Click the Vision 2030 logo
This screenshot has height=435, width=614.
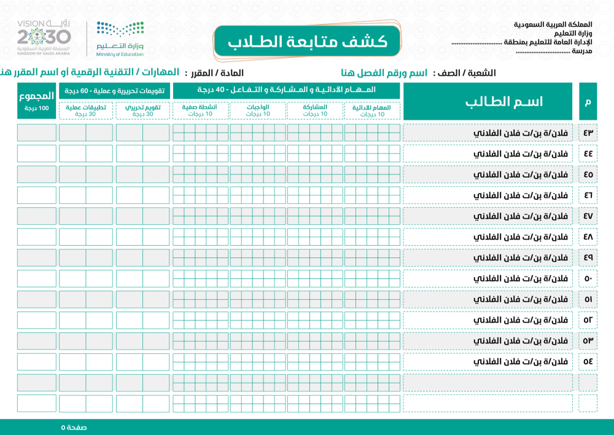(x=44, y=39)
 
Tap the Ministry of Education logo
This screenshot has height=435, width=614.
(x=120, y=39)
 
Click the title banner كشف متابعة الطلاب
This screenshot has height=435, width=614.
(x=308, y=42)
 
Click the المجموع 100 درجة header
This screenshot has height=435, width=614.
(x=37, y=101)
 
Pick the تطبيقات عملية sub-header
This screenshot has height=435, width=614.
(x=85, y=110)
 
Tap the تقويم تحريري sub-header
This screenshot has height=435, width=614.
(x=143, y=110)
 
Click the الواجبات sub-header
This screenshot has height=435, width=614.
(x=258, y=110)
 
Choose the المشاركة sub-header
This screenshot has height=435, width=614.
(x=315, y=110)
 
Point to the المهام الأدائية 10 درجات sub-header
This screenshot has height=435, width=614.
(x=372, y=110)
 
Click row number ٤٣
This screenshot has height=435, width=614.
(x=588, y=133)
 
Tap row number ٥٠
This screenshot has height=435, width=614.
(x=588, y=278)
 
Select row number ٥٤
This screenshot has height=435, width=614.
(x=588, y=361)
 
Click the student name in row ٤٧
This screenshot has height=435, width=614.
(x=532, y=216)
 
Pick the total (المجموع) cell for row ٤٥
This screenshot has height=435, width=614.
(x=37, y=174)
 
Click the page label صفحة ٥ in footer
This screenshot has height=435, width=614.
(x=74, y=427)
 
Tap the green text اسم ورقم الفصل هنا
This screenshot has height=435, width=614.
(x=384, y=73)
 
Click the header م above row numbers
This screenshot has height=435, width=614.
(x=588, y=101)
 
